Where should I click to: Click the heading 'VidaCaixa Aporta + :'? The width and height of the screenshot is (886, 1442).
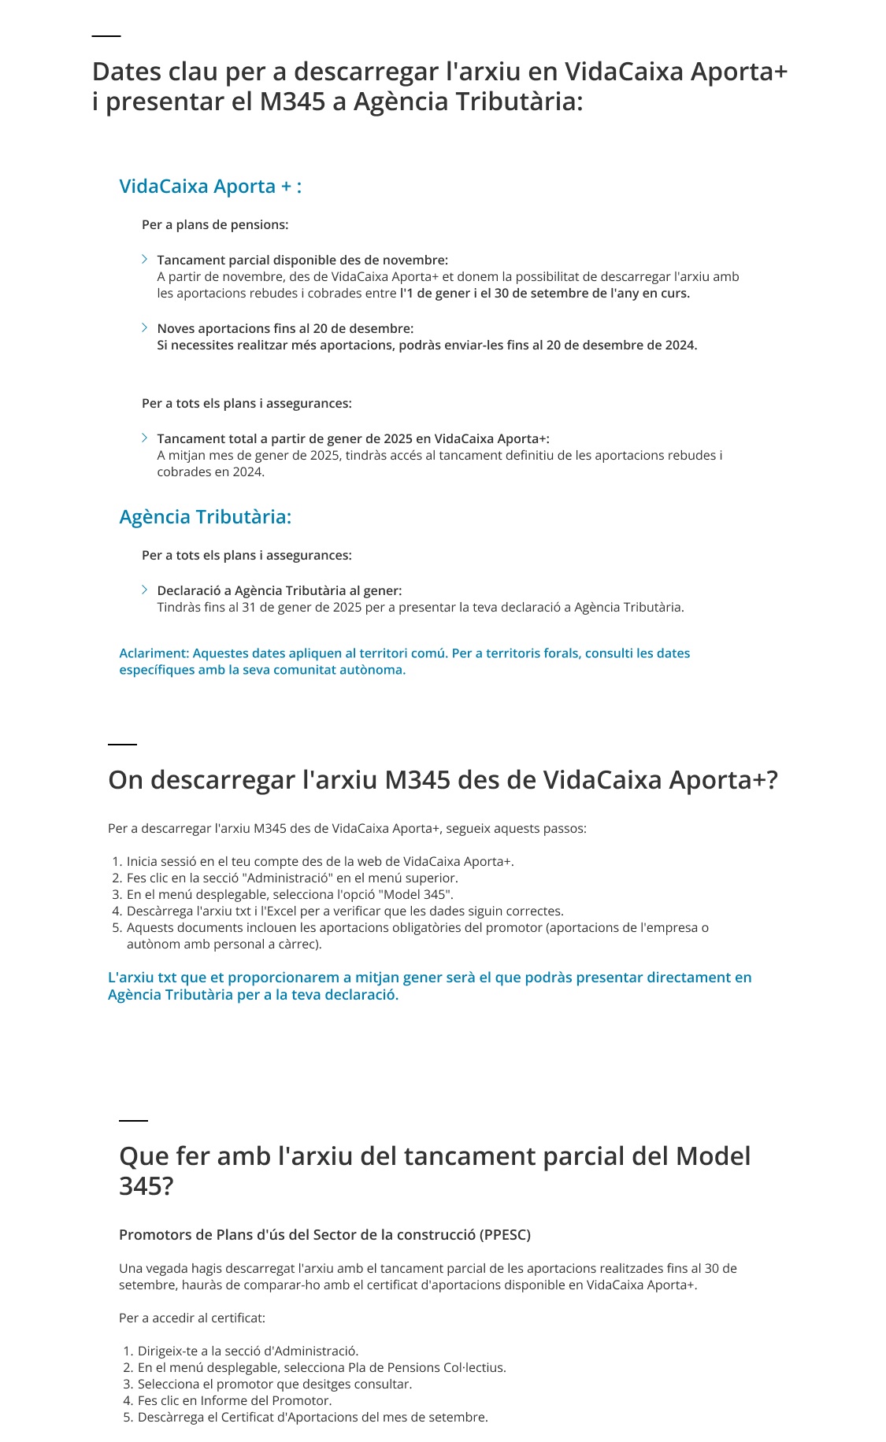coord(210,187)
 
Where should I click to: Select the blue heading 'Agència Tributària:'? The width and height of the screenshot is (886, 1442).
coord(205,517)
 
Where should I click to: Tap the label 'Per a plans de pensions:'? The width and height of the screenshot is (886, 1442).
coord(215,225)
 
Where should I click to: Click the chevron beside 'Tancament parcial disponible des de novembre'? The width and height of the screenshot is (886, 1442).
coord(145,260)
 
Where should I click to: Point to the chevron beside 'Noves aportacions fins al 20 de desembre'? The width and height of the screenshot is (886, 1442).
coord(145,328)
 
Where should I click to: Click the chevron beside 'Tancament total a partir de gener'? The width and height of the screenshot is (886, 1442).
coord(145,438)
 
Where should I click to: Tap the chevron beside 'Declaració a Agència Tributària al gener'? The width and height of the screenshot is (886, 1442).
coord(145,590)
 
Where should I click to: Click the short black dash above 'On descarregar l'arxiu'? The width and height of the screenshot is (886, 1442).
coord(122,744)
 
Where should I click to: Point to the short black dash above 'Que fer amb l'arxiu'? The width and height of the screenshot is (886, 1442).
coord(133,1120)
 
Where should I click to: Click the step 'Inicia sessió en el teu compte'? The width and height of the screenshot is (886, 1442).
coord(320,862)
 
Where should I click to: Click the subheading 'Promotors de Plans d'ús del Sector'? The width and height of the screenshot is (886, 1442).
coord(324,1235)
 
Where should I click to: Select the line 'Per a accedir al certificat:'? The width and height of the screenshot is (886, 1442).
coord(192,1318)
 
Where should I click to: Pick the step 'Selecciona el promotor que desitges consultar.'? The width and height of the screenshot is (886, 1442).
coord(274,1385)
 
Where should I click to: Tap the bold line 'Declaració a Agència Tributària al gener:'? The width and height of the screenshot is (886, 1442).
coord(280,590)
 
